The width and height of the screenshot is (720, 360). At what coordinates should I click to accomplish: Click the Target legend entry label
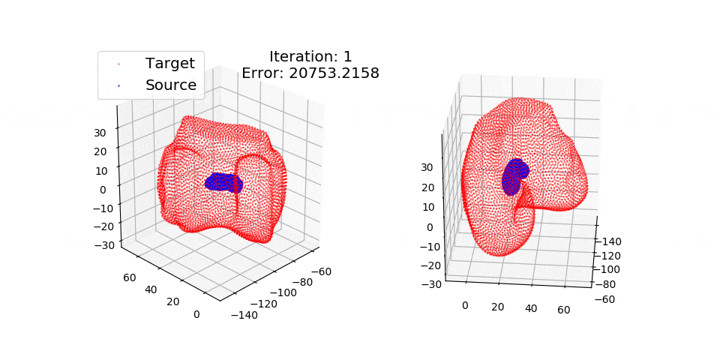pyautogui.click(x=170, y=63)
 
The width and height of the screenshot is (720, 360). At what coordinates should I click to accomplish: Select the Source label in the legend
pyautogui.click(x=171, y=85)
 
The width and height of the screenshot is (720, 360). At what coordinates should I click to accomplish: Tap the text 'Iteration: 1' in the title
pyautogui.click(x=310, y=56)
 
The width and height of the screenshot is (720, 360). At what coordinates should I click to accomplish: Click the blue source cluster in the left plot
pyautogui.click(x=223, y=182)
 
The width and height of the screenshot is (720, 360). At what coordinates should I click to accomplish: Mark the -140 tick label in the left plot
pyautogui.click(x=244, y=315)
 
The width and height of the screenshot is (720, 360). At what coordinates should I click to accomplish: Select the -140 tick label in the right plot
pyautogui.click(x=613, y=241)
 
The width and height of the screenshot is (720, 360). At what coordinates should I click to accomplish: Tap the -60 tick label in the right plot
pyautogui.click(x=607, y=299)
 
